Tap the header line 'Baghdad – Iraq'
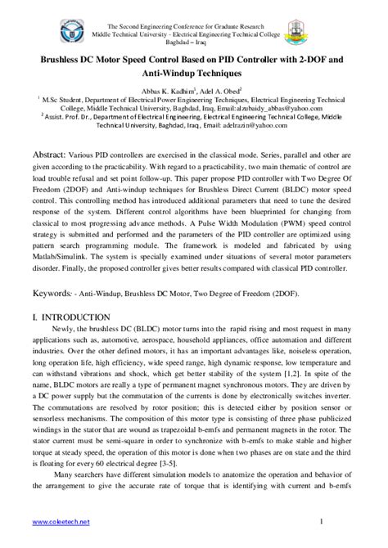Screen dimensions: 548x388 [x=193, y=38]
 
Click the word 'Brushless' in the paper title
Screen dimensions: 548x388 [x=55, y=60]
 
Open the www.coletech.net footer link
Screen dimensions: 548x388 [x=60, y=521]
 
